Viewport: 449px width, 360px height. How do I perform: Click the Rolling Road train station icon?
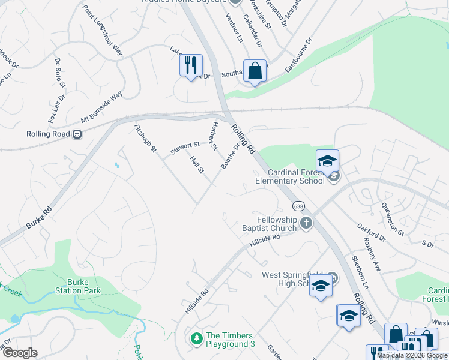[x=77, y=134]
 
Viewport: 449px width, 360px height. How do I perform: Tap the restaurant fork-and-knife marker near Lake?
[x=191, y=64]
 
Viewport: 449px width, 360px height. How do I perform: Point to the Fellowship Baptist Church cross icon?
[x=306, y=224]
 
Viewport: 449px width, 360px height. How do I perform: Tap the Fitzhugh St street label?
[x=145, y=137]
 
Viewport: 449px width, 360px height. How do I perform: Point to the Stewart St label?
[x=185, y=148]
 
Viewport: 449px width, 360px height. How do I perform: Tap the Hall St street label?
[x=197, y=165]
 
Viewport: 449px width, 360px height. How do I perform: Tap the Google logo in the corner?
[x=20, y=353]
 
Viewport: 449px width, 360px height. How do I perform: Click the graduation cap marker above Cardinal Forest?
[x=328, y=160]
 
